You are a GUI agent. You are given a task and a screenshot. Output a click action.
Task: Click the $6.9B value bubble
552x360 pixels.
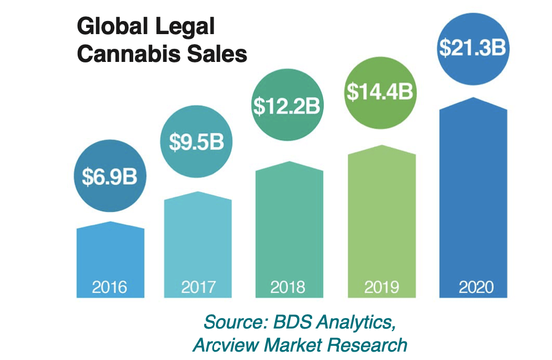point(110,177)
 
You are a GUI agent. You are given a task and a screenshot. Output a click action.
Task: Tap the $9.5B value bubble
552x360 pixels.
point(196,142)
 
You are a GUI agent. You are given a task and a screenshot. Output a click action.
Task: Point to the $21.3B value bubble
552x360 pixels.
point(472,47)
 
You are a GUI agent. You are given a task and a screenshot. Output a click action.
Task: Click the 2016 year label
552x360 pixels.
point(110,287)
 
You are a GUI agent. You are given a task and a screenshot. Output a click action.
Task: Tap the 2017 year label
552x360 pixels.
point(198,287)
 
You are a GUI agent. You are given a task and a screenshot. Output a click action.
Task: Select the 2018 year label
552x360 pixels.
point(288,287)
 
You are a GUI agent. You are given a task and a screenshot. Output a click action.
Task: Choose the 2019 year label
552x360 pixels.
point(381,287)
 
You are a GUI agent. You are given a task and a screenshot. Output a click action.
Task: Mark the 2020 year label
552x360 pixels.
point(473,287)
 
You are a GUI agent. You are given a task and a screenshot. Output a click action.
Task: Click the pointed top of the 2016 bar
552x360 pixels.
point(110,223)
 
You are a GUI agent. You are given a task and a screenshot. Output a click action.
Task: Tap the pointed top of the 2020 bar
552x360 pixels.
point(473,98)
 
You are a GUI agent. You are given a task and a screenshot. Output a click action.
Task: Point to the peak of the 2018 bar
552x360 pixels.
point(289,162)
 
